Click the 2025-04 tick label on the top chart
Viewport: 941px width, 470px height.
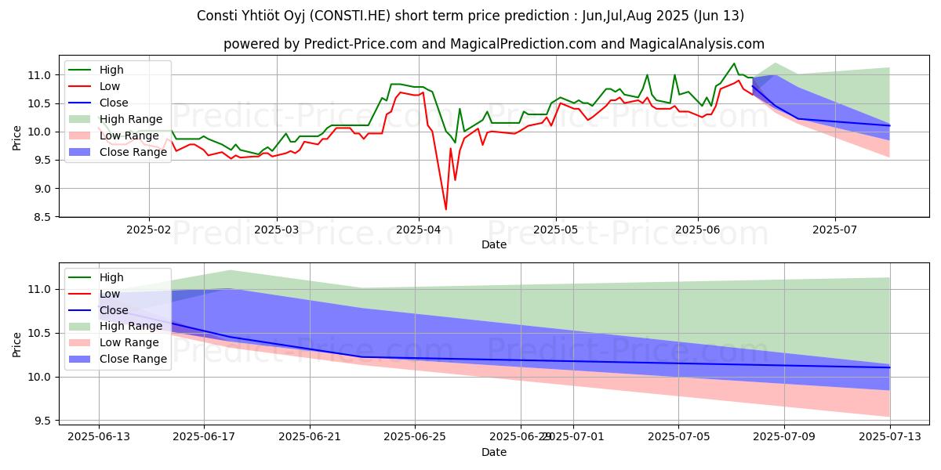tap(418, 231)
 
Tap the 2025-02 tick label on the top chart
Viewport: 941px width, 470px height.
tap(149, 231)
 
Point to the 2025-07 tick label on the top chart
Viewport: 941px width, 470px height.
tap(834, 231)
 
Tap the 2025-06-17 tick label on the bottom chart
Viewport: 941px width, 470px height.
tap(204, 436)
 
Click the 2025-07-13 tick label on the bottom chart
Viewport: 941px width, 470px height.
tap(889, 436)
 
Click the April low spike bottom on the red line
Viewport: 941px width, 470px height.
tap(446, 209)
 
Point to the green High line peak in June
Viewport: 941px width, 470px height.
tap(734, 63)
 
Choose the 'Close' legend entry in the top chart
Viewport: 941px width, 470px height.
tap(114, 103)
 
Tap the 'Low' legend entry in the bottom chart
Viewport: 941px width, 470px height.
tap(110, 294)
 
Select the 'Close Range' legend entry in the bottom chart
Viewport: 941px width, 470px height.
tap(133, 359)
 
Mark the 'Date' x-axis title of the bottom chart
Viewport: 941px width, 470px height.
tap(493, 452)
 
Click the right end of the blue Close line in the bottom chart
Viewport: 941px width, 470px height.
tap(889, 367)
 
